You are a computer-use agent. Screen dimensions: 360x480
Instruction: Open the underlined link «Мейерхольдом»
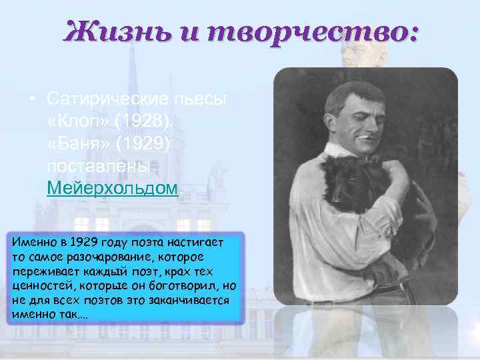(113, 187)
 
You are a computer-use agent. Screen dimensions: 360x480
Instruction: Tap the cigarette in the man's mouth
(365, 137)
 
